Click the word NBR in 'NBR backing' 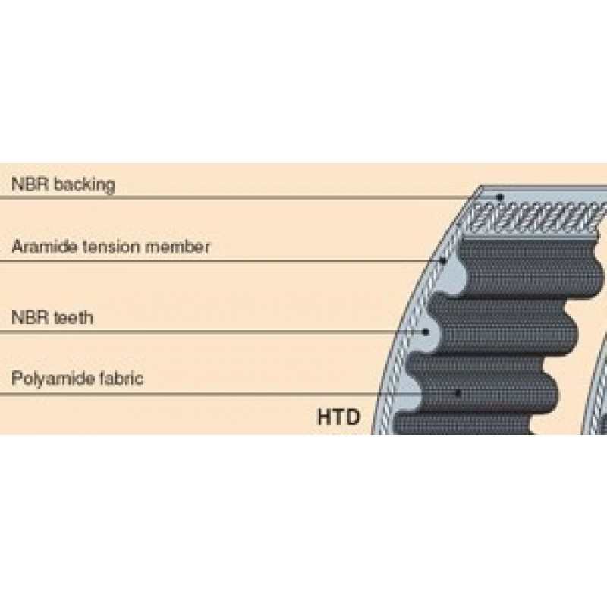(x=30, y=184)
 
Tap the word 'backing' (x=84, y=184)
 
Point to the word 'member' (x=178, y=247)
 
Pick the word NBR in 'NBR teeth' (x=30, y=317)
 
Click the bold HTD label (x=338, y=417)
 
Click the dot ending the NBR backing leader (x=500, y=197)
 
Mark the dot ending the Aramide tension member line (x=444, y=261)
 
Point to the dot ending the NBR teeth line (x=426, y=332)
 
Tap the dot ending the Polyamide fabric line (x=458, y=394)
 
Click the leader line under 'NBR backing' (x=250, y=197)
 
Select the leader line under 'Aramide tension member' (x=222, y=261)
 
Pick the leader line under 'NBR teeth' (x=213, y=332)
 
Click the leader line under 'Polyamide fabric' (x=229, y=394)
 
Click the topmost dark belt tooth (x=530, y=267)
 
